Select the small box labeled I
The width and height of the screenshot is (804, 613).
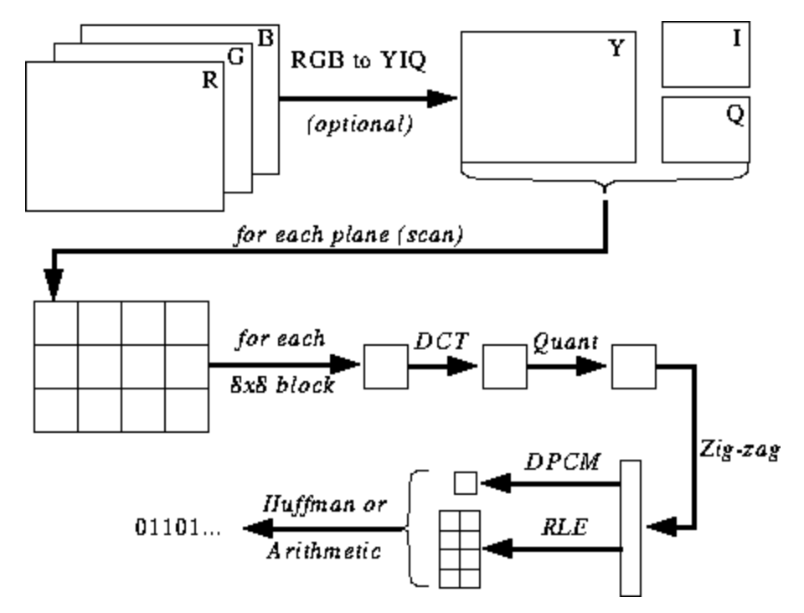pyautogui.click(x=704, y=51)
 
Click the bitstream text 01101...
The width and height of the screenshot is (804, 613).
pyautogui.click(x=176, y=529)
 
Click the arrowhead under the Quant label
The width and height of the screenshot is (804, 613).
pyautogui.click(x=591, y=365)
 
